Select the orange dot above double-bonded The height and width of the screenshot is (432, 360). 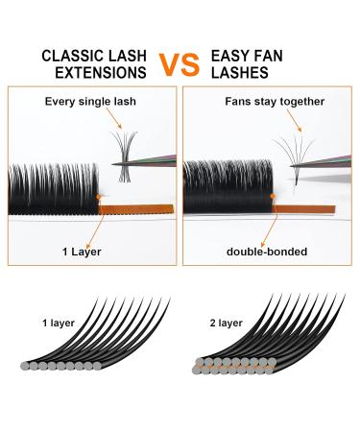click(274, 195)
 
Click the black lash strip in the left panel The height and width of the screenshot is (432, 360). click(53, 182)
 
